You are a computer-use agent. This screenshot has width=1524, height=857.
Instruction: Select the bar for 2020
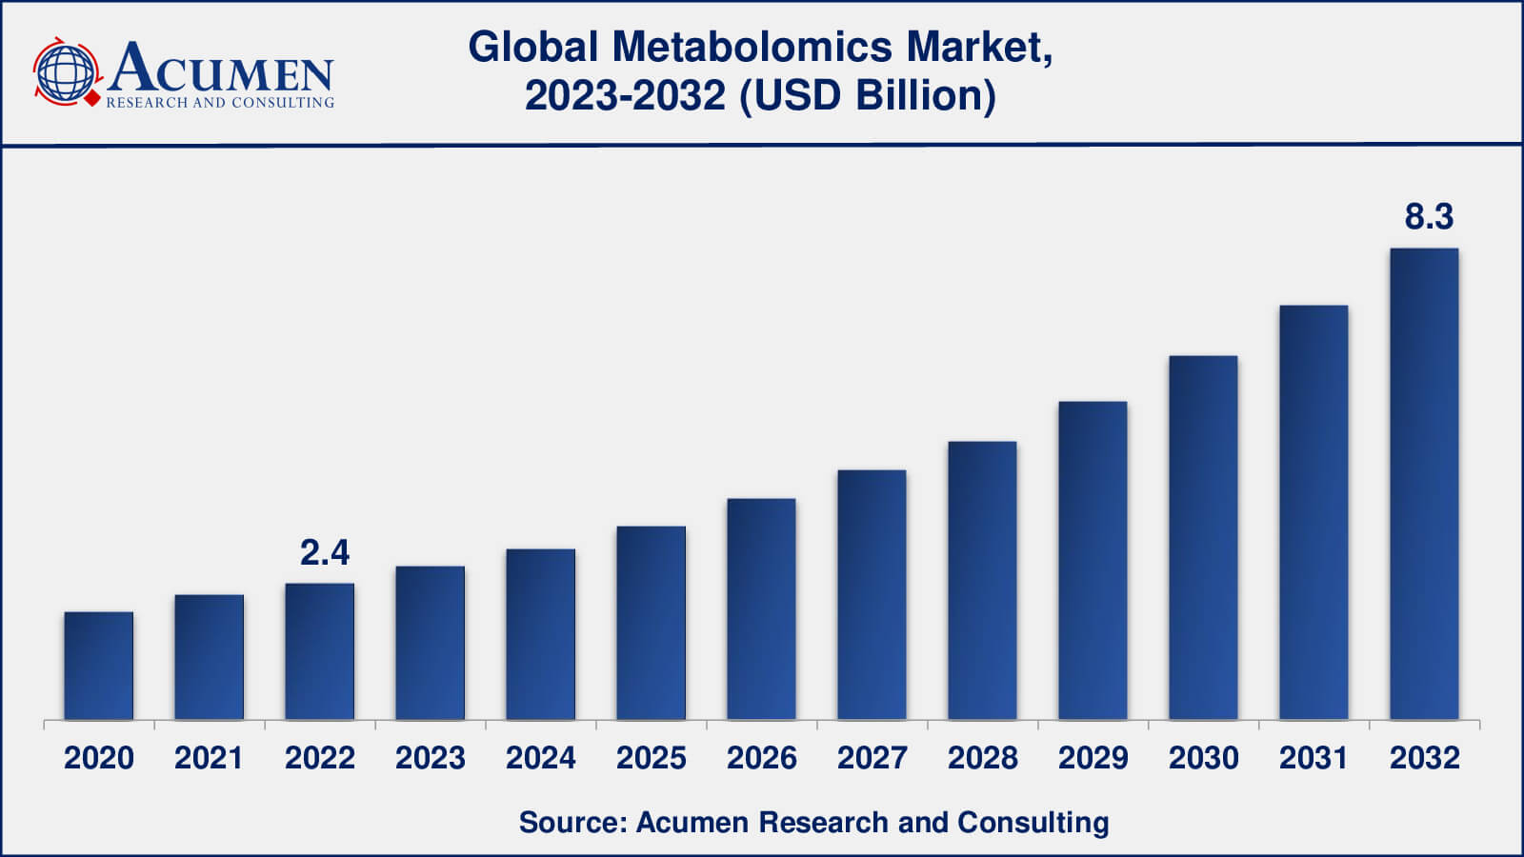click(99, 666)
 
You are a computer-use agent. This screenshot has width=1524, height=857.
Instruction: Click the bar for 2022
click(320, 651)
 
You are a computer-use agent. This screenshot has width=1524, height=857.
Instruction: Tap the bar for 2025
click(651, 623)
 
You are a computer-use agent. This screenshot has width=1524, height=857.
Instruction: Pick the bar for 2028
click(982, 581)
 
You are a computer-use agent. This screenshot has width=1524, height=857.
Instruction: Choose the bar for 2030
click(1203, 538)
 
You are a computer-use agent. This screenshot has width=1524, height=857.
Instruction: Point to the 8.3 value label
click(1429, 217)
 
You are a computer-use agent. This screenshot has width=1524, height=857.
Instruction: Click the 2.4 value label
click(325, 552)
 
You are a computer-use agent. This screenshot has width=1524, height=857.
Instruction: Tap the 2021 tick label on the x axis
click(210, 758)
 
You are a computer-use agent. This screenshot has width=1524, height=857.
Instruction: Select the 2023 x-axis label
click(431, 758)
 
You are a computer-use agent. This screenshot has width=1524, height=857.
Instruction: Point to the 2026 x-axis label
click(762, 758)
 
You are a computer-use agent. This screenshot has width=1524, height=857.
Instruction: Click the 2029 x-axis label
click(1093, 758)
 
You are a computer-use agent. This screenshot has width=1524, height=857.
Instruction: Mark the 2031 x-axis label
click(1314, 758)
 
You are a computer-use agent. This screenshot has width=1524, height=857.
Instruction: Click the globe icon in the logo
click(65, 72)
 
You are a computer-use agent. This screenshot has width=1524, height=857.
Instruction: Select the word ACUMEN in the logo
click(221, 69)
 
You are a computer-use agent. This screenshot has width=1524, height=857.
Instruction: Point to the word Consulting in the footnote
click(1033, 822)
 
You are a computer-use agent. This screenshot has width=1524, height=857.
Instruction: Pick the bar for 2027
click(872, 595)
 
